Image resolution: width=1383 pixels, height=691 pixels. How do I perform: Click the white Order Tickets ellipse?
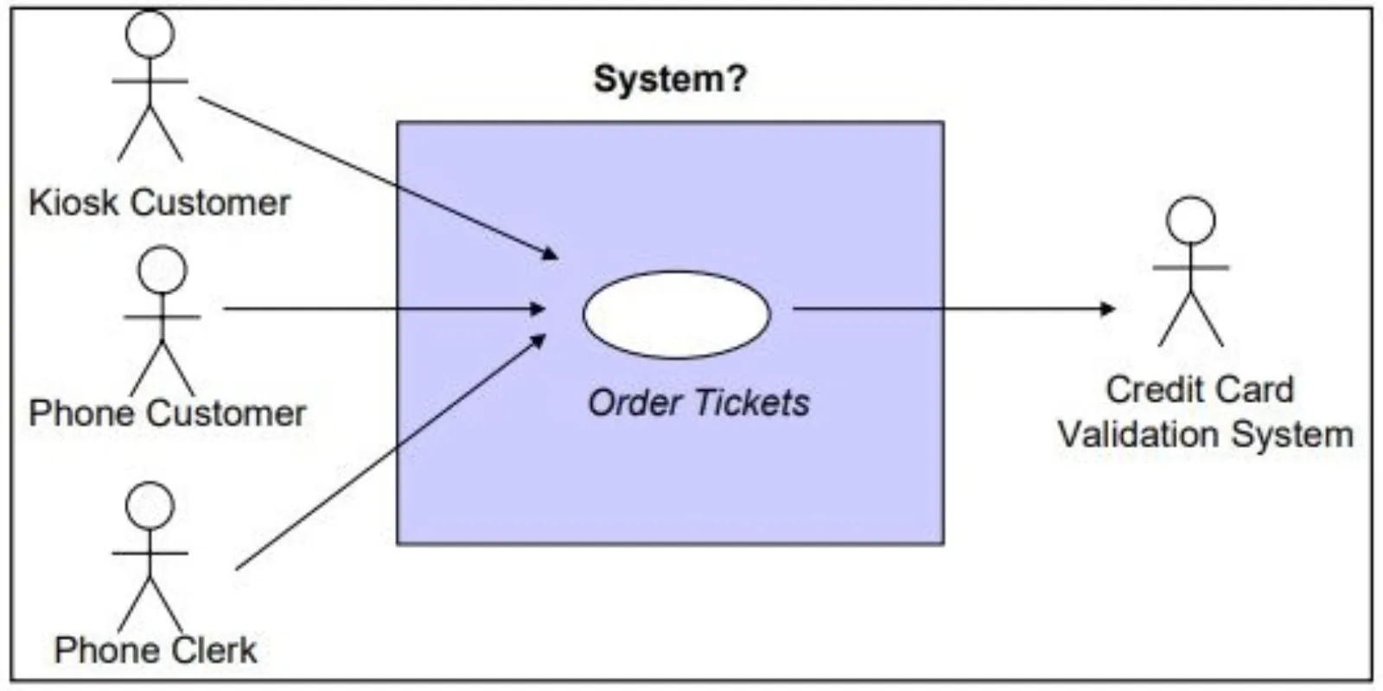tap(676, 314)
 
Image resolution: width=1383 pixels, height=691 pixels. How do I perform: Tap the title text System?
tap(670, 79)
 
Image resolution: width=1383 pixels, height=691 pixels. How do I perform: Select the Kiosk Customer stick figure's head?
tap(150, 34)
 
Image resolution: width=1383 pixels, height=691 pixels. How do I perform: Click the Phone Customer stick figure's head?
tap(163, 269)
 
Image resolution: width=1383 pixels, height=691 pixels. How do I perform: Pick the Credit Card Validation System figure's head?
tap(1190, 220)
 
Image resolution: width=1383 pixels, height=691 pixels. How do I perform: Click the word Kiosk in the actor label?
tap(73, 202)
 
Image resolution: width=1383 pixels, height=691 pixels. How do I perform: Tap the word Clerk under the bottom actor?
tap(214, 649)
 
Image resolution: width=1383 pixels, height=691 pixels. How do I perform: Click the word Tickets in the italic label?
tap(752, 403)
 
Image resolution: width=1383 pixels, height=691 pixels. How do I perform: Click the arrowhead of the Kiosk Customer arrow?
tap(550, 253)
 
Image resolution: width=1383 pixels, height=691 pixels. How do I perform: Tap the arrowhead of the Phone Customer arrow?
tap(538, 309)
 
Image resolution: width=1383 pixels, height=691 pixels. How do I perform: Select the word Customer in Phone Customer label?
tap(226, 413)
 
